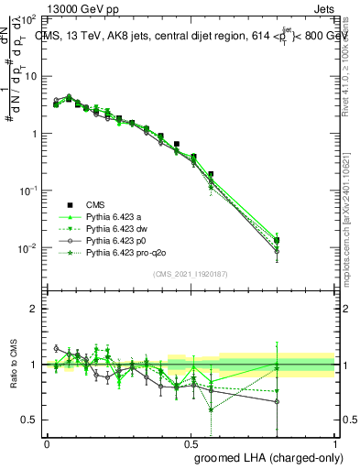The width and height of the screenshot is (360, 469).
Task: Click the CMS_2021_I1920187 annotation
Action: pyautogui.click(x=191, y=273)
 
